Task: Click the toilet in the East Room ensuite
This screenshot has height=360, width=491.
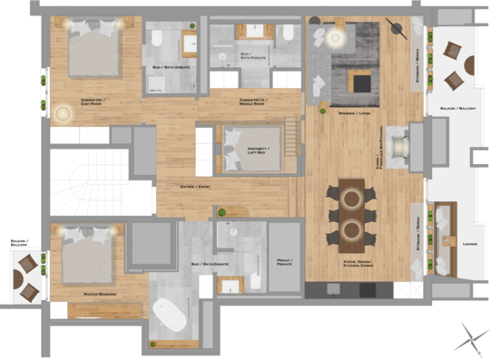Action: click(156, 39)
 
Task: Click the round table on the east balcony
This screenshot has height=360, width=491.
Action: click(468, 65)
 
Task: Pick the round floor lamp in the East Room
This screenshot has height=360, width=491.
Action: click(63, 114)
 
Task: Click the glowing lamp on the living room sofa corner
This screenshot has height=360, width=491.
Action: click(335, 37)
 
